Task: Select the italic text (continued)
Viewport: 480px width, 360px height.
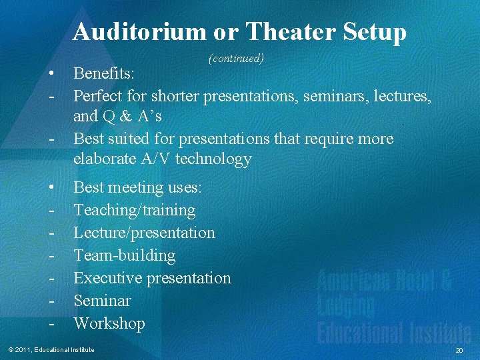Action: coord(237,59)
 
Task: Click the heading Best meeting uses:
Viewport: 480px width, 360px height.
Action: coord(137,188)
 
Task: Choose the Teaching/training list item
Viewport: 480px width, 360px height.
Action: coord(134,211)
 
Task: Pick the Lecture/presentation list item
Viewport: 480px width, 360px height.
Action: coord(144,233)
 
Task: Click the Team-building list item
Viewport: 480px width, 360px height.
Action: coord(124,256)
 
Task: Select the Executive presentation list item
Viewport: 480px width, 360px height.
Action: coord(152,279)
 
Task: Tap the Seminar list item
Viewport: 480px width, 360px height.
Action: coord(102,301)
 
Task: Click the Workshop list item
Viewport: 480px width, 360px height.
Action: coord(109,324)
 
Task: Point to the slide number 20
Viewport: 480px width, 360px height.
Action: coord(459,351)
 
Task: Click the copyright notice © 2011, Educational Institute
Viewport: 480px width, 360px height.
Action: coord(51,350)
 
